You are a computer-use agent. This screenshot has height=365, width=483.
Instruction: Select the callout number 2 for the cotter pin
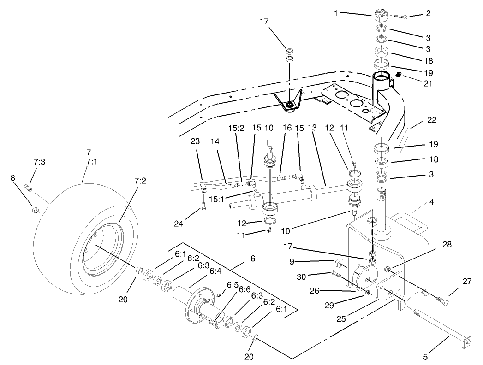point(428,13)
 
